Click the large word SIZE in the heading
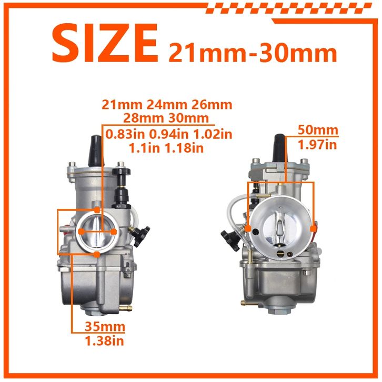[x=105, y=43]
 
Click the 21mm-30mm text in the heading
[x=253, y=53]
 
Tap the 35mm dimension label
[x=105, y=326]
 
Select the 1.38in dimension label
[x=104, y=340]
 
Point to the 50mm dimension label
[x=318, y=130]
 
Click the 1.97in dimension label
[x=317, y=145]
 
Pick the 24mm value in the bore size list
[x=167, y=105]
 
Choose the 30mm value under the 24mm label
[x=188, y=118]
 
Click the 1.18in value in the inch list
[x=184, y=148]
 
